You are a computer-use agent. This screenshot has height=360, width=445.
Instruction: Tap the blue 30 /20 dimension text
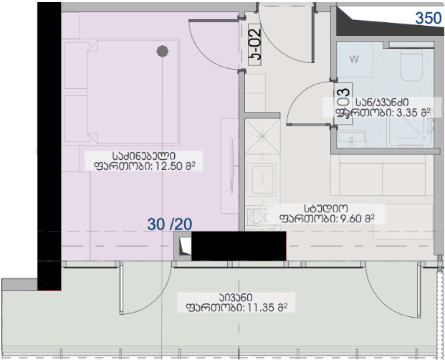(171, 224)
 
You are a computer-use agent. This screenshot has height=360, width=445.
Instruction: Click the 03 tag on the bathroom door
(343, 100)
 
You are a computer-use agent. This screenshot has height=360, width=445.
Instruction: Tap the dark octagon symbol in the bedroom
(163, 51)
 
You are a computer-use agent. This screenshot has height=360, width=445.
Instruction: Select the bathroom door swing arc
(305, 100)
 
